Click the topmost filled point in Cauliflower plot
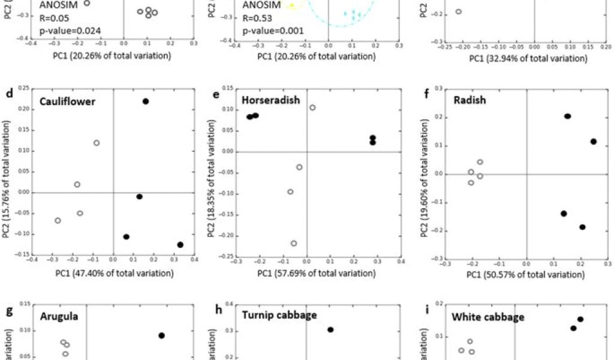pyautogui.click(x=146, y=102)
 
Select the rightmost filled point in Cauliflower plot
pyautogui.click(x=180, y=245)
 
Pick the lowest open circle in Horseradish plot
pyautogui.click(x=294, y=244)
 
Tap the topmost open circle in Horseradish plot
pyautogui.click(x=312, y=107)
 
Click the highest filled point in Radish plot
pyautogui.click(x=567, y=116)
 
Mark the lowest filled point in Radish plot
pyautogui.click(x=582, y=227)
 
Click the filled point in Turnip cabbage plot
pyautogui.click(x=330, y=329)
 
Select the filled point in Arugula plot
pyautogui.click(x=162, y=335)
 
